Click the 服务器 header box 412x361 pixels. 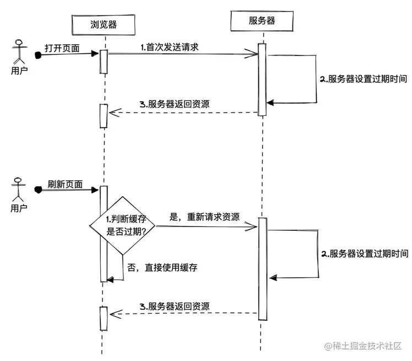click(x=262, y=21)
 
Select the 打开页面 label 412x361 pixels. click(x=62, y=48)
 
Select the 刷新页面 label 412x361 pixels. click(x=65, y=185)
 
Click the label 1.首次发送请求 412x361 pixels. click(x=169, y=48)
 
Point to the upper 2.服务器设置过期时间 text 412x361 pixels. click(x=364, y=79)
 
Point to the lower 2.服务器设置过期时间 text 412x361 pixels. click(x=364, y=253)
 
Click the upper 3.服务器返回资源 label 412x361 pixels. click(x=174, y=104)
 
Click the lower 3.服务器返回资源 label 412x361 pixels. click(x=174, y=307)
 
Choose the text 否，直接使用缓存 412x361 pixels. click(x=162, y=268)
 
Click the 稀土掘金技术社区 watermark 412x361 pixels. click(x=364, y=346)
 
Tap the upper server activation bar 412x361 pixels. click(x=262, y=79)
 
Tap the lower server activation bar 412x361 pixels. click(x=263, y=268)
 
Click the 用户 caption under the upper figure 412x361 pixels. click(x=19, y=70)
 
